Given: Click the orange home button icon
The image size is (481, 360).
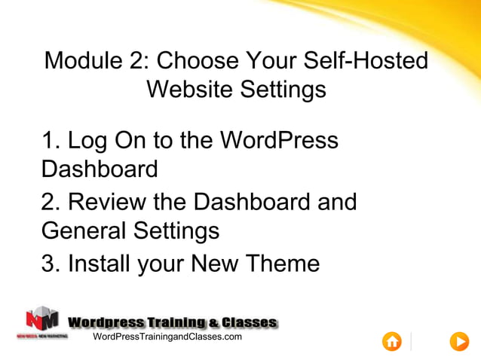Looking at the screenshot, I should (392, 341).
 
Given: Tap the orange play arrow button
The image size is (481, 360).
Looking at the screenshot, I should (458, 341).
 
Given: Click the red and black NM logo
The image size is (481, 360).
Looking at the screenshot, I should (42, 319).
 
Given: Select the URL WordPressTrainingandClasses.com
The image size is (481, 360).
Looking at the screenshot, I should (167, 337).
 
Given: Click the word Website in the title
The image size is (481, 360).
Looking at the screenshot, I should (190, 90).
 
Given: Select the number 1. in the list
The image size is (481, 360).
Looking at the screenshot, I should (51, 140).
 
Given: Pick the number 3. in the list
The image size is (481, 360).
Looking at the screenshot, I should (51, 264).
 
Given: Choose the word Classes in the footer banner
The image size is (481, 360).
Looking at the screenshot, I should (250, 322).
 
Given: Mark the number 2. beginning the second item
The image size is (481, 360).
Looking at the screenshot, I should (51, 202).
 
